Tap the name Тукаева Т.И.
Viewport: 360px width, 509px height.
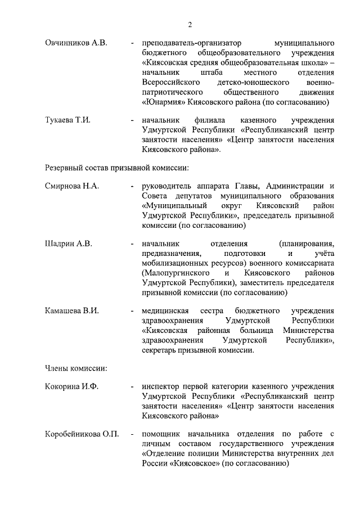click(x=67, y=120)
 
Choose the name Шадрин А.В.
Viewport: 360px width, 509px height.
click(x=68, y=244)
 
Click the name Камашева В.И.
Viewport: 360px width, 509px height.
click(x=71, y=311)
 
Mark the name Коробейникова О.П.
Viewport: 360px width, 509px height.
click(x=82, y=435)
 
